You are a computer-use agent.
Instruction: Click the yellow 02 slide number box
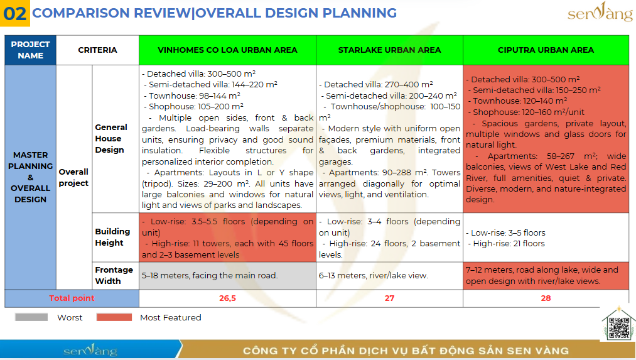pyautogui.click(x=15, y=13)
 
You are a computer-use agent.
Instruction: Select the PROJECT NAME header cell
pyautogui.click(x=30, y=50)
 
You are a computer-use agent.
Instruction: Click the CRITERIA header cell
pyautogui.click(x=97, y=50)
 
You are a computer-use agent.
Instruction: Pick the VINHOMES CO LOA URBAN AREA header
pyautogui.click(x=227, y=50)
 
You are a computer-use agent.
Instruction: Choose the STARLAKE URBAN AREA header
pyautogui.click(x=389, y=50)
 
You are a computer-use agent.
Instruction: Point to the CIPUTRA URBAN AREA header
pyautogui.click(x=546, y=50)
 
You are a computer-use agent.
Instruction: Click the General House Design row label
pyautogui.click(x=111, y=138)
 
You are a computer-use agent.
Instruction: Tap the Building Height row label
pyautogui.click(x=112, y=237)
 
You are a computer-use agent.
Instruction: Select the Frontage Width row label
pyautogui.click(x=114, y=275)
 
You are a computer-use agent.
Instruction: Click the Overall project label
pyautogui.click(x=73, y=177)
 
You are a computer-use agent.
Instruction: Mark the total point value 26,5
pyautogui.click(x=227, y=298)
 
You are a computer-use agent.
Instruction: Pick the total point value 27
pyautogui.click(x=389, y=298)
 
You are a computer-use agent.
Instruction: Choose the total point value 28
pyautogui.click(x=546, y=298)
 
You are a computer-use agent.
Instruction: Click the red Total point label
pyautogui.click(x=72, y=298)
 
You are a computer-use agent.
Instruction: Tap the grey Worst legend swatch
pyautogui.click(x=31, y=317)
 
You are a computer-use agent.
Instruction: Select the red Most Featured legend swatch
pyautogui.click(x=114, y=317)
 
